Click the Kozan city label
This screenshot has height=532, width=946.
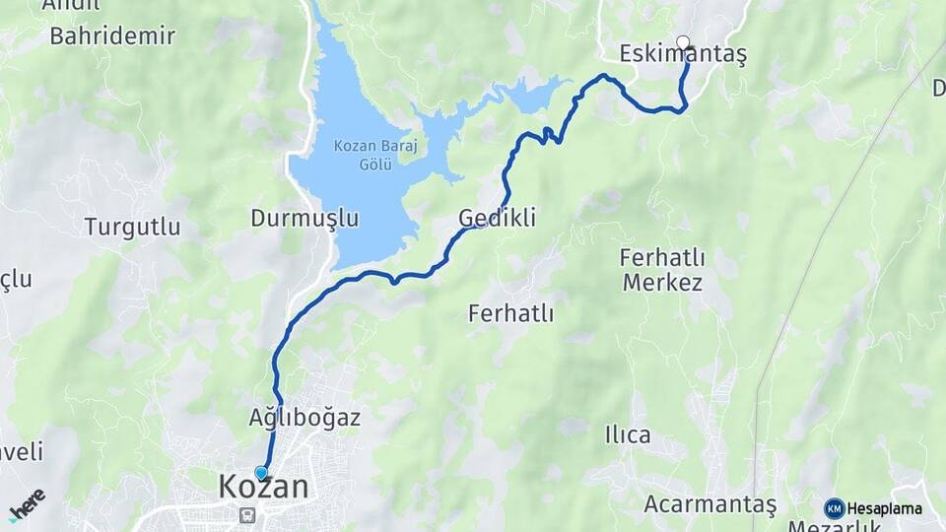point(263,486)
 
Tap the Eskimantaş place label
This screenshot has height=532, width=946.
point(683,55)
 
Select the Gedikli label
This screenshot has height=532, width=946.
point(498,218)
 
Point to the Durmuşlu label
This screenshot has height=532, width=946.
point(304,218)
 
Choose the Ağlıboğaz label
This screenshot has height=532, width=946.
point(304,417)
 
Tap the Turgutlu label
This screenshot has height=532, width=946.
point(132,227)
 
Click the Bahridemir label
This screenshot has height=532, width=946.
point(112,36)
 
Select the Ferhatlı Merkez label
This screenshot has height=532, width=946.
point(661,270)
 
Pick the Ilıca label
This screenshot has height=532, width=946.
point(628,434)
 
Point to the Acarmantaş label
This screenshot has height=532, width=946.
point(709,504)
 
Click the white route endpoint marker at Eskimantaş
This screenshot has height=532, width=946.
point(683,42)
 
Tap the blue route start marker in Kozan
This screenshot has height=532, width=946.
point(261,473)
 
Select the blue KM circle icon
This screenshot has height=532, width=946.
point(834,508)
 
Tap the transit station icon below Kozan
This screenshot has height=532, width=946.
point(246,514)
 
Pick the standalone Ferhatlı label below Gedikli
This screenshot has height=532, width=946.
point(510,314)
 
